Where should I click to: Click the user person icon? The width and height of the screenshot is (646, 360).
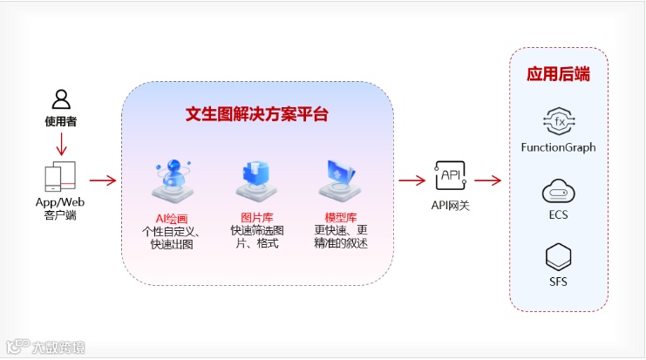[60, 98]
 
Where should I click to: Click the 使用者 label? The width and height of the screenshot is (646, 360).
[60, 121]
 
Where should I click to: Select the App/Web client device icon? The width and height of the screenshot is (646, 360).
[60, 177]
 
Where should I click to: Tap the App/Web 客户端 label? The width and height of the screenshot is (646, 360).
[60, 208]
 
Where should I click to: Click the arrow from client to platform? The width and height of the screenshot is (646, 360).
[103, 181]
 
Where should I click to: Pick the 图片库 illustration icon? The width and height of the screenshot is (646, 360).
[255, 180]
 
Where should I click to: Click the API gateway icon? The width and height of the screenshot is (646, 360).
[451, 177]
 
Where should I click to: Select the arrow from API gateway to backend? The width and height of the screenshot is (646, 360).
[487, 181]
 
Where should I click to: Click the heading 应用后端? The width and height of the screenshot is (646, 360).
[559, 74]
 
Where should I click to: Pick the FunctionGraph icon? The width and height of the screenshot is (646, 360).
[558, 120]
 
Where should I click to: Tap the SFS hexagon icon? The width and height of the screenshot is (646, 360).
[558, 257]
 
